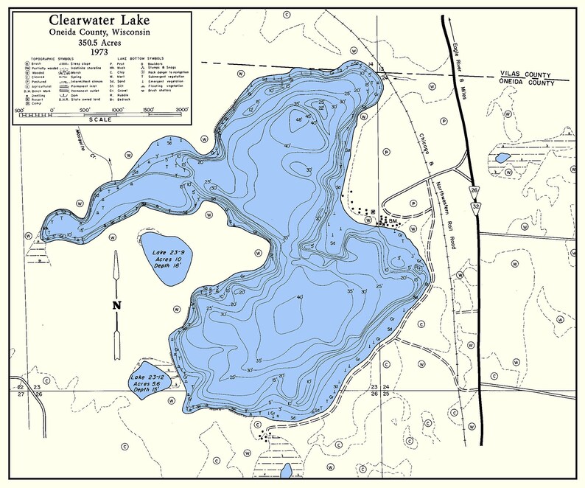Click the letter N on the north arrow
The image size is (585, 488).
[116, 305]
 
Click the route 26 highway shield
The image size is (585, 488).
[473, 190]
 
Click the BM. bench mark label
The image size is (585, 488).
[393, 220]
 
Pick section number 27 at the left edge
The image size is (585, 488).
[20, 394]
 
